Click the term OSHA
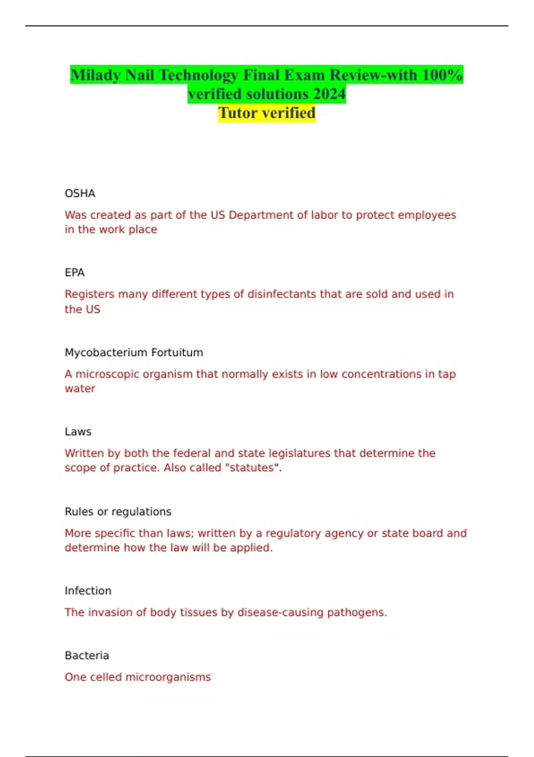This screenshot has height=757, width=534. click(80, 194)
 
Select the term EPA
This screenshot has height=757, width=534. click(75, 273)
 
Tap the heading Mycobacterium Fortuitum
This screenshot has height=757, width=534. click(134, 353)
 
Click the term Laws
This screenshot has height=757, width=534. click(78, 432)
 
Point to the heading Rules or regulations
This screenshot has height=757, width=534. click(118, 512)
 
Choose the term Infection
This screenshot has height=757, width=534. click(88, 591)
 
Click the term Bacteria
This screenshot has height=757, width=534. click(87, 655)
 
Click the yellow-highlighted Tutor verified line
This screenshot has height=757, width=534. click(267, 113)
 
